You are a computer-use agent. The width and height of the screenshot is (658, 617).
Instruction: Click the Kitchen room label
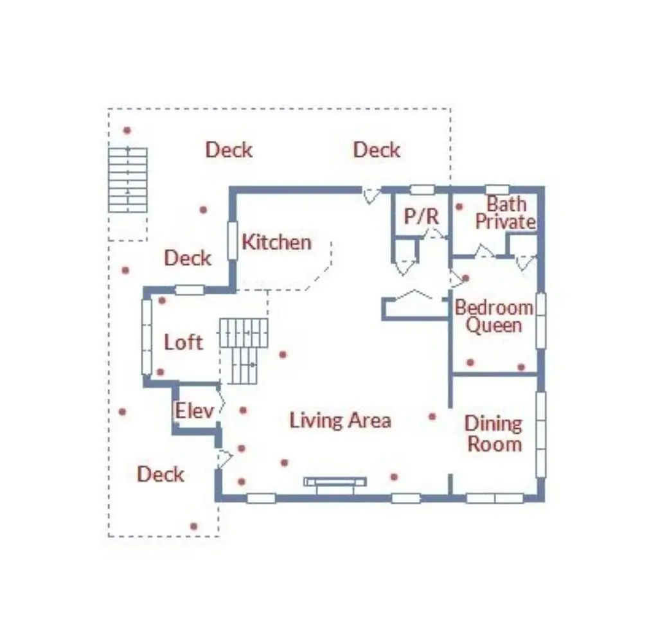pos(276,242)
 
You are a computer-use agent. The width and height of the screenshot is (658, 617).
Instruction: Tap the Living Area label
pos(341,420)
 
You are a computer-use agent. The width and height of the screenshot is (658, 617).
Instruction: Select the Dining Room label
pos(494,434)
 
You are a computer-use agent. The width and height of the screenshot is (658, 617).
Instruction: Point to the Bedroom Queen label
pos(494,316)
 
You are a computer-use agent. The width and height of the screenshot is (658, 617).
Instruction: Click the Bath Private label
pos(506,213)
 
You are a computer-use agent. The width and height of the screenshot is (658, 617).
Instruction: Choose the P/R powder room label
pos(422,217)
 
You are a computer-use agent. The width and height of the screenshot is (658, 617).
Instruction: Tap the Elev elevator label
pos(194,411)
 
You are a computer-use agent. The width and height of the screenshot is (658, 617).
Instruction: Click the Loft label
pos(183,342)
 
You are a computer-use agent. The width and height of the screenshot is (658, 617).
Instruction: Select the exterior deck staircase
pos(128,180)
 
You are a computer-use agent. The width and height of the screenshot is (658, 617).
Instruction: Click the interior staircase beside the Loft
pos(244,350)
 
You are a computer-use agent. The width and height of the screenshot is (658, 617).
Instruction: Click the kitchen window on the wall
pos(232,240)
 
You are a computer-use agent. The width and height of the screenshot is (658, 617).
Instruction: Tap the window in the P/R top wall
pos(422,190)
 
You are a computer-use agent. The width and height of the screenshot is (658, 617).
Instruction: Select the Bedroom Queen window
pos(541,321)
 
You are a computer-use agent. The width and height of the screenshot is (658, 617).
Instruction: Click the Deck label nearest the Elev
pos(161,474)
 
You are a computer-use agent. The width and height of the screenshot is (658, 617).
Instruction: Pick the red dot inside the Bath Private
pos(459,206)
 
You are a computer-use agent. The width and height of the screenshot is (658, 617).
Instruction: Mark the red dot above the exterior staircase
pos(127,130)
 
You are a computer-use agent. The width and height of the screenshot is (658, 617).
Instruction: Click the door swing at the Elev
pos(221,400)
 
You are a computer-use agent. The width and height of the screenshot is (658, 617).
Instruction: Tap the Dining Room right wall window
pos(541,434)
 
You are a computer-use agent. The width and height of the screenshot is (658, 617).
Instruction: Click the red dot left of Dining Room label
pos(432,416)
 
